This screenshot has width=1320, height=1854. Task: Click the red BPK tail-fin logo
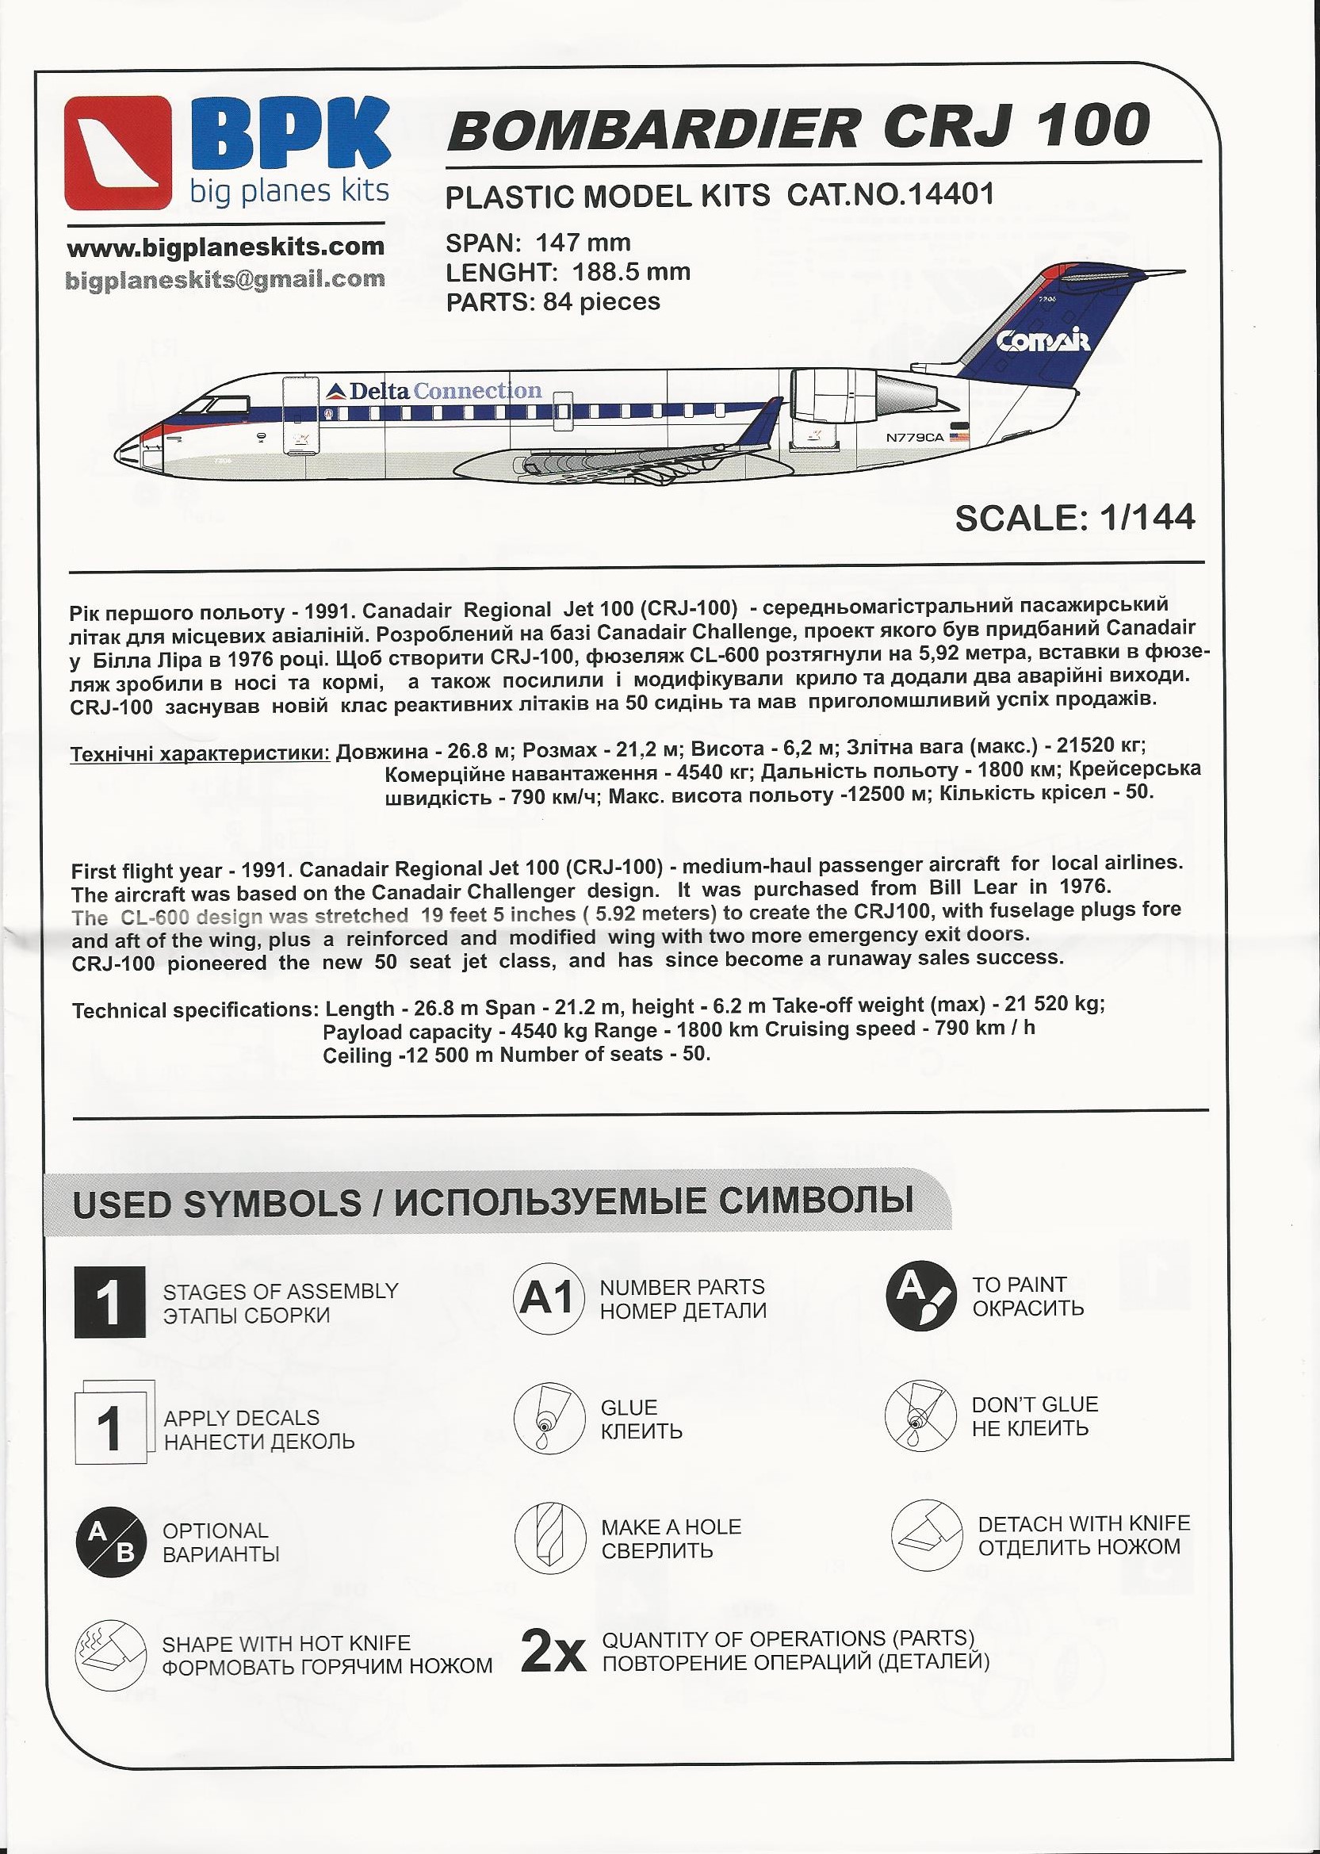[x=119, y=153]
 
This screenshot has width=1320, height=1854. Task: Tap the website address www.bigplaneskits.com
[x=225, y=247]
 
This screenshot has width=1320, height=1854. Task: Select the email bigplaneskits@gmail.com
[x=225, y=280]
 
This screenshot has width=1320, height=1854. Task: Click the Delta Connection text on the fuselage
[x=435, y=391]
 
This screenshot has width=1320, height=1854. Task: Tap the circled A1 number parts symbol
[x=548, y=1299]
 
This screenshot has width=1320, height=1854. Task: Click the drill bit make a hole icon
[x=549, y=1538]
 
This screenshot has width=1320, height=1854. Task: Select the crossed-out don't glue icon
[x=919, y=1418]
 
